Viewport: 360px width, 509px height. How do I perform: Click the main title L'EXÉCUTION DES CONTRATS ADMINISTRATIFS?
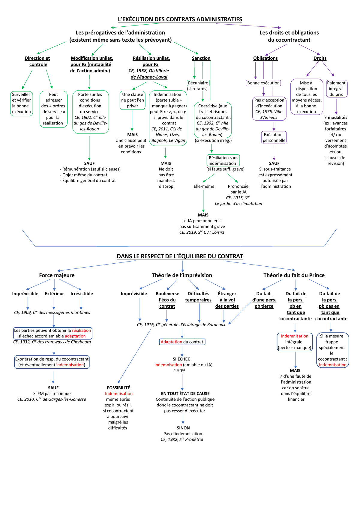(180, 19)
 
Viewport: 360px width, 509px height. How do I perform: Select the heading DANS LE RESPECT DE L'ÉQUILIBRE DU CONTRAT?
(180, 256)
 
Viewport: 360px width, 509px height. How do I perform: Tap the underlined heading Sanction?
(201, 58)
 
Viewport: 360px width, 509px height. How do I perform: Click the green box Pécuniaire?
(198, 83)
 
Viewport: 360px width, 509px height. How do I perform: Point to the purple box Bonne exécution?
(263, 83)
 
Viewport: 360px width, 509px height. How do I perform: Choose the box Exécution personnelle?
(274, 137)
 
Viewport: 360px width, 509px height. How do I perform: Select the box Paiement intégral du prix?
(337, 88)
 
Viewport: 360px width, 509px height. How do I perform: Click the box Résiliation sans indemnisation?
(223, 160)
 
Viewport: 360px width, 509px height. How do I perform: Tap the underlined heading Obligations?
(265, 58)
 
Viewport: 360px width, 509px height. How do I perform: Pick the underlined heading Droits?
(320, 58)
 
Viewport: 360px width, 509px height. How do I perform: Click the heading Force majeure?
(57, 275)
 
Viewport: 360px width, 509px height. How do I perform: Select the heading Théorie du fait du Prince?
(294, 275)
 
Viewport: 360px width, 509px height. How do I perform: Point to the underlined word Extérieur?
(54, 294)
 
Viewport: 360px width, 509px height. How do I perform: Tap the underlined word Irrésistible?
(82, 294)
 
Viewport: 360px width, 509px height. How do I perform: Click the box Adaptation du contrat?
(182, 342)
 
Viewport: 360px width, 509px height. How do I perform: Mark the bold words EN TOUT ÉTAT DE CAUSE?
(185, 393)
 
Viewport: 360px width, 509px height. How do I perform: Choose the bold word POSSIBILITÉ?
(118, 388)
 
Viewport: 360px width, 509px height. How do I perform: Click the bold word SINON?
(183, 428)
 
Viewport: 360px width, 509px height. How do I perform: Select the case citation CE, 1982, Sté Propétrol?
(182, 439)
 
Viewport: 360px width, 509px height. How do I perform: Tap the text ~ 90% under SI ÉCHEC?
(179, 370)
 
